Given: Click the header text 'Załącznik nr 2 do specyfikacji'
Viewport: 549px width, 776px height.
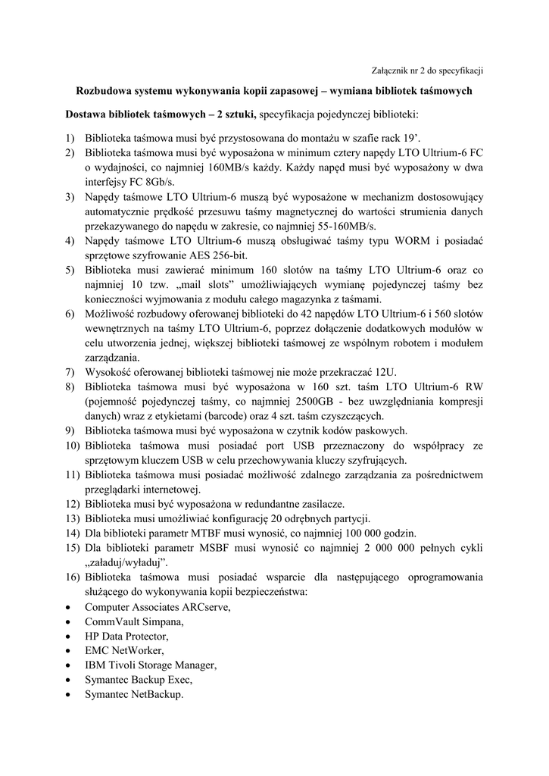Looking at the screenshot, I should click(x=428, y=70).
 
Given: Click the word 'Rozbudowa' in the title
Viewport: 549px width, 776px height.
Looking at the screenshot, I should click(x=103, y=91).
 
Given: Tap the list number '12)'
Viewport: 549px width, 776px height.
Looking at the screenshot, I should click(x=73, y=503).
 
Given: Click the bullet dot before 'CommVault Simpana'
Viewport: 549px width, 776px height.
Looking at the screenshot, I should click(x=70, y=621).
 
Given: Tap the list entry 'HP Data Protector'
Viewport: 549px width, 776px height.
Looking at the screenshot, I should click(x=126, y=636).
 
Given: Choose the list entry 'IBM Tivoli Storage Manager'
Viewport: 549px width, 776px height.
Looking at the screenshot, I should click(x=150, y=665).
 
